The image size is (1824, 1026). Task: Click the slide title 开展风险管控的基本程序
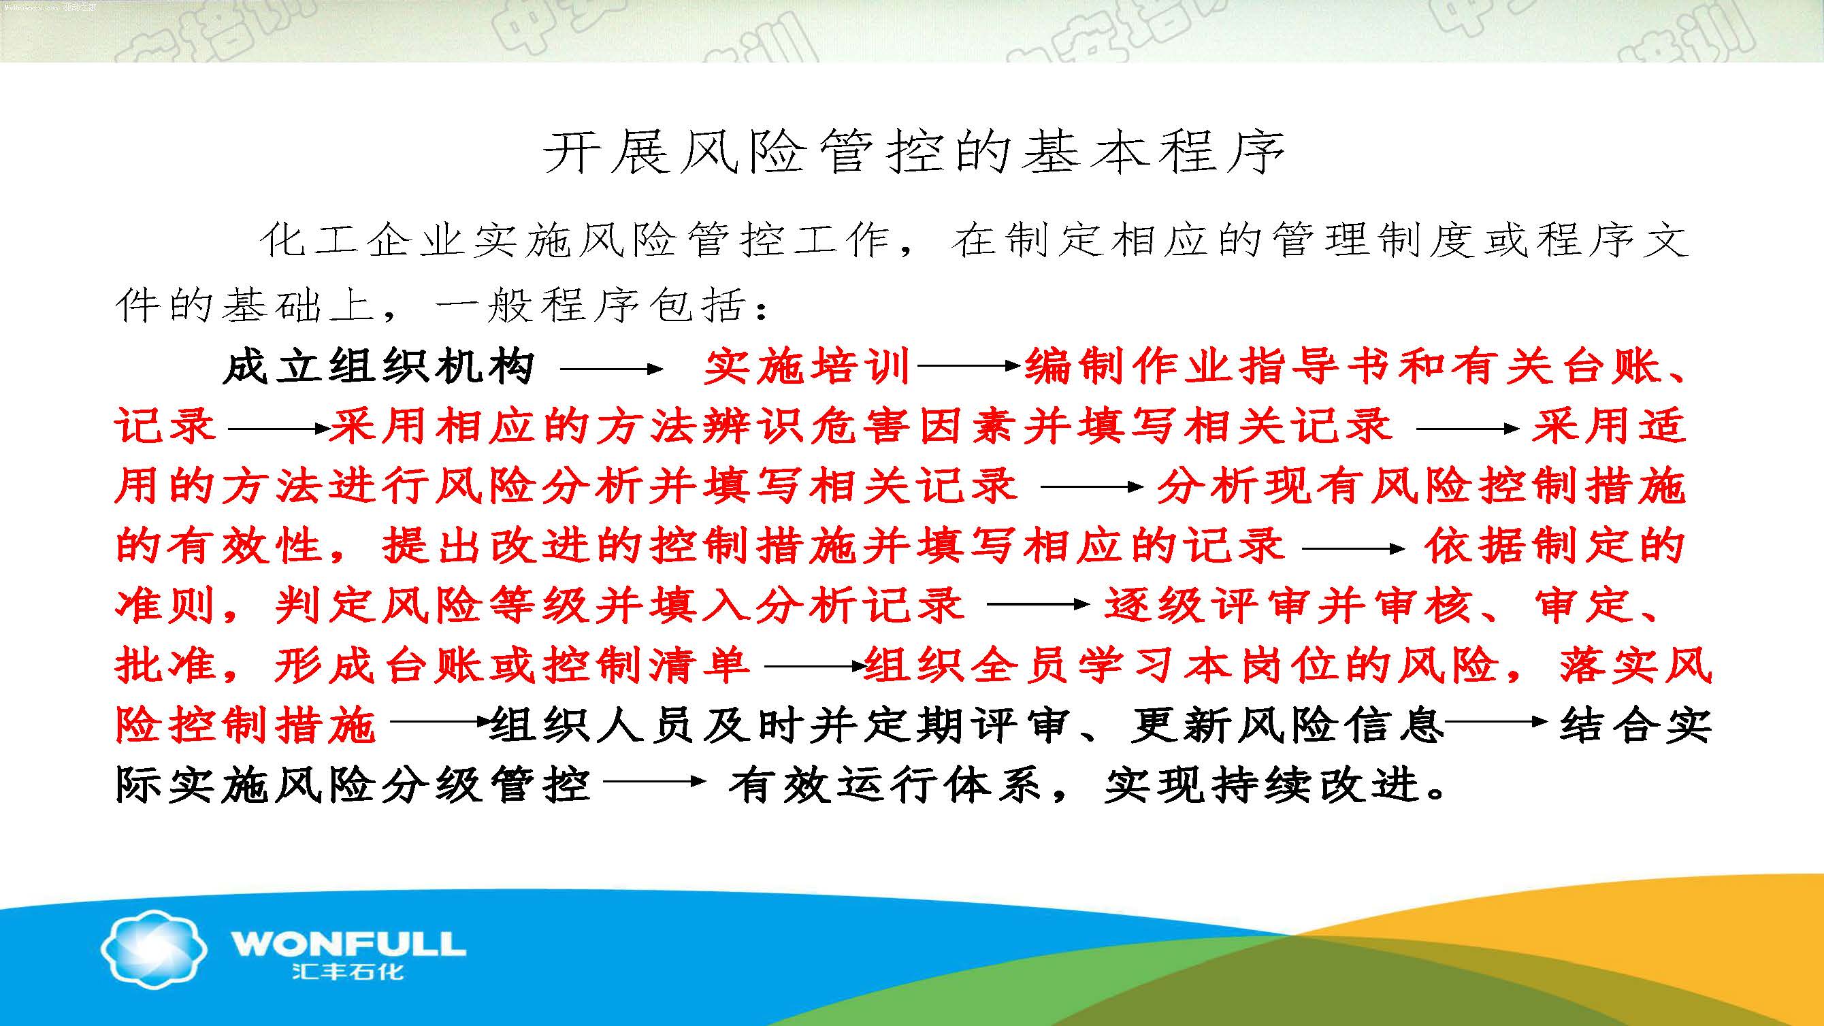(x=913, y=153)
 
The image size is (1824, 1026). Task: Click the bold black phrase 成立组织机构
(x=378, y=368)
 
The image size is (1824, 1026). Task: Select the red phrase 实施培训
(x=807, y=368)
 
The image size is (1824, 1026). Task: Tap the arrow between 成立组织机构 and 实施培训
(x=611, y=368)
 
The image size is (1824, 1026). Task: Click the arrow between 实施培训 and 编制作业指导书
(x=968, y=366)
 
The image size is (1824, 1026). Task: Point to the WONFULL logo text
(x=348, y=944)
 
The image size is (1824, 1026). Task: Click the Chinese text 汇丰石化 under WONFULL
(x=348, y=972)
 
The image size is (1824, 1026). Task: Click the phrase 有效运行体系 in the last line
(x=885, y=786)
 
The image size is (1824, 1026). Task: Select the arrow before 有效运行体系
(x=655, y=782)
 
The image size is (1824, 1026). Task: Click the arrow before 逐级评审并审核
(x=1038, y=604)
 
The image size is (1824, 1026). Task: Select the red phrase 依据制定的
(x=1555, y=547)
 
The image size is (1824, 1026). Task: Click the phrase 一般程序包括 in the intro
(x=591, y=305)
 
